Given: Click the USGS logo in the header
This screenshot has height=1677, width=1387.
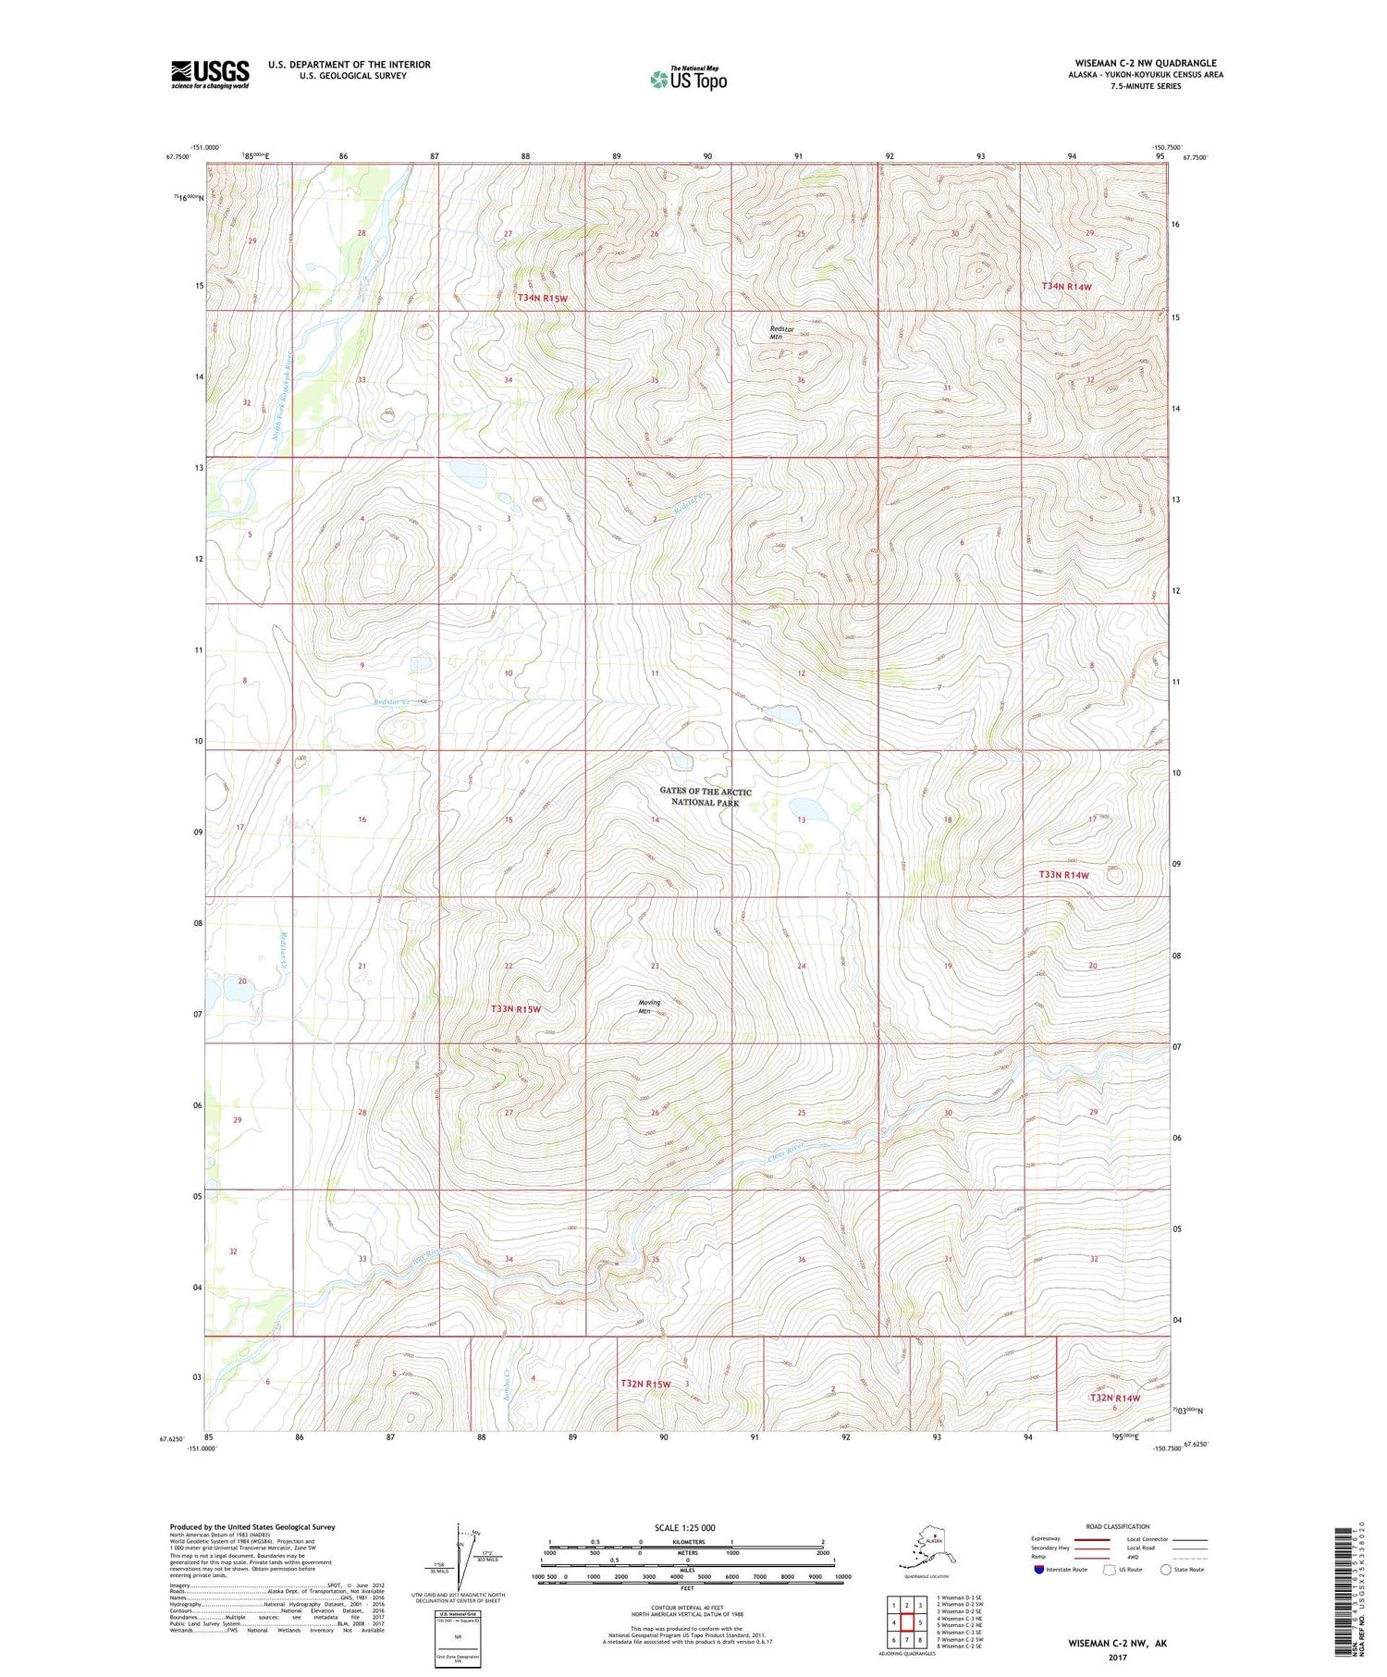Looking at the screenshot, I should point(210,74).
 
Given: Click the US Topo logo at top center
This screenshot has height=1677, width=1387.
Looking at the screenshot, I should point(688,79).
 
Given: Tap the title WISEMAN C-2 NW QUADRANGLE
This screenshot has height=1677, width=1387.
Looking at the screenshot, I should point(1146,63).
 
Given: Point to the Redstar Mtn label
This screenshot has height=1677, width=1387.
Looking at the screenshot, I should point(782,333).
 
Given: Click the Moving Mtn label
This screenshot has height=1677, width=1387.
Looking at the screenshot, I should point(649,1006).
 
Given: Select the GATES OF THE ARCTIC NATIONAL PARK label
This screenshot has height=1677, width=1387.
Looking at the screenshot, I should point(705,796).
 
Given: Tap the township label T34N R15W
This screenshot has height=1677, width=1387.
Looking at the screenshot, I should point(542,298).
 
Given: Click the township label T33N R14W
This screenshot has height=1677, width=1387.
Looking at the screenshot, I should point(1063,874).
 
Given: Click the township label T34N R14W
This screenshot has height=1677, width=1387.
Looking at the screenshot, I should point(1066,287).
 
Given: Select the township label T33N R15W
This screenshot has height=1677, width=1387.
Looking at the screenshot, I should point(515,1009).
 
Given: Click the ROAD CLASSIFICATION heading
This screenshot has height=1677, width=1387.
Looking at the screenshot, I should point(1118,1526).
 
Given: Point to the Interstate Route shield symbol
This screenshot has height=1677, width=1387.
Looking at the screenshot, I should point(1039,1569).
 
